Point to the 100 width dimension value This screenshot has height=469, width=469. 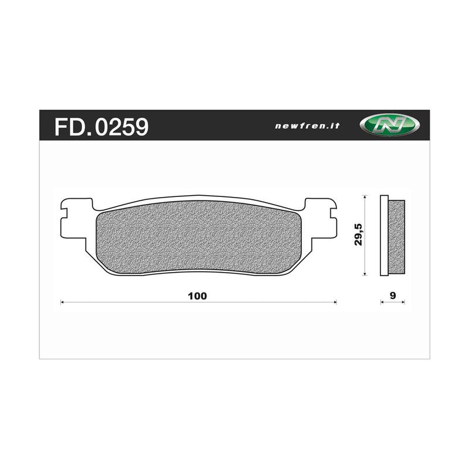(198, 295)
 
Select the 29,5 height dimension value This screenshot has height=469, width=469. (358, 234)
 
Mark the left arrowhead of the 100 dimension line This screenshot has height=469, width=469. (63, 302)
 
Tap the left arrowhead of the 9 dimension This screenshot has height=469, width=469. (382, 302)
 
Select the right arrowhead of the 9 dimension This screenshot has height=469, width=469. (404, 302)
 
